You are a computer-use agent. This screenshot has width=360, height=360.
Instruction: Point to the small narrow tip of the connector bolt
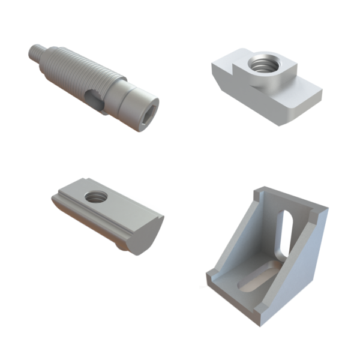tap(35, 52)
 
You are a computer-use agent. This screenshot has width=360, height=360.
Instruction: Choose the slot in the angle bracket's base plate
tap(253, 281)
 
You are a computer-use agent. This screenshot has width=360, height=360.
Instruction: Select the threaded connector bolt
tap(90, 84)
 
